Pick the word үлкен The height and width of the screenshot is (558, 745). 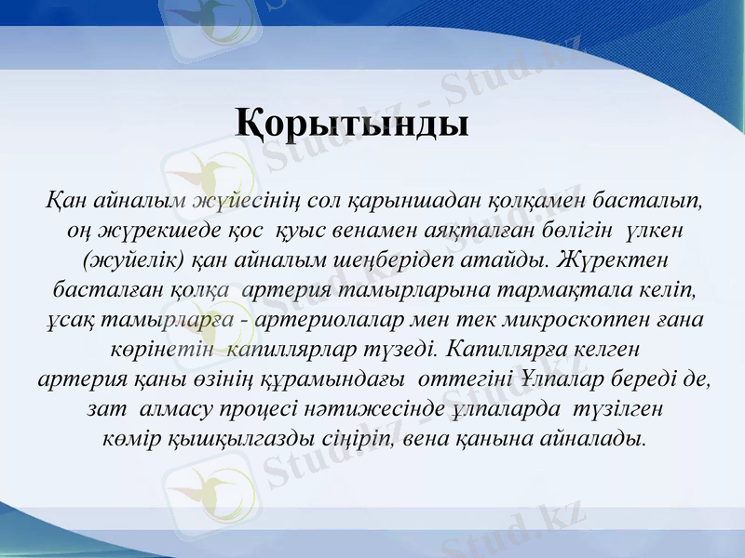click(x=657, y=230)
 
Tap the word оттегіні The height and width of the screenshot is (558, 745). click(x=464, y=379)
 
